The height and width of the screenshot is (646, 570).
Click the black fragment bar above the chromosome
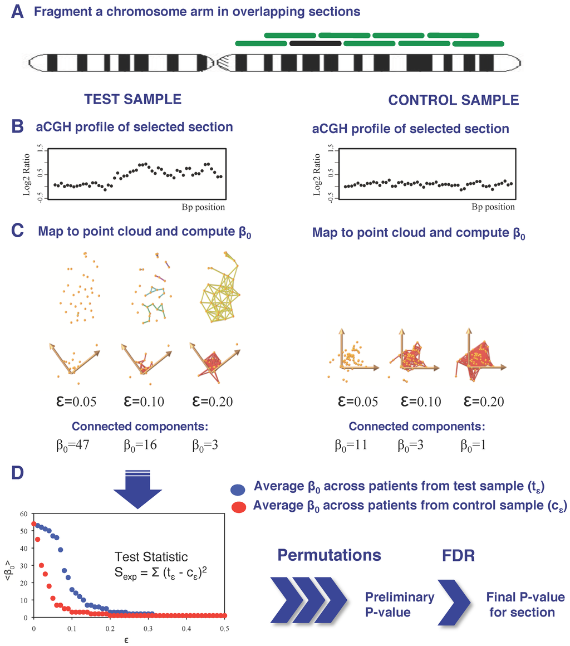[315, 43]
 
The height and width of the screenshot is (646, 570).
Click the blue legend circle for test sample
[238, 490]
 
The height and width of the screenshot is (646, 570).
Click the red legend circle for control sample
[238, 507]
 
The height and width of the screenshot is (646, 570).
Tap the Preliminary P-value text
[399, 605]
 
